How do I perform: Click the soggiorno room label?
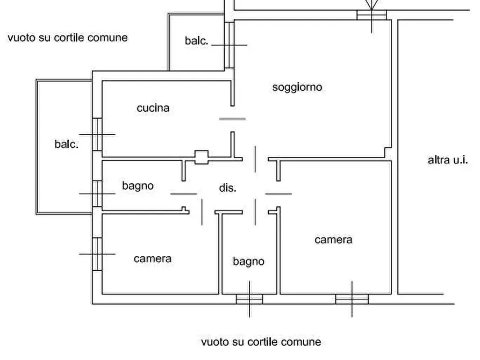tap(297, 87)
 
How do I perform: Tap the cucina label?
tap(153, 108)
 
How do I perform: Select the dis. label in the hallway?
tap(228, 188)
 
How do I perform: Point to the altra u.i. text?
tap(448, 160)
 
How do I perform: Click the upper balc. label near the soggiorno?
tap(196, 41)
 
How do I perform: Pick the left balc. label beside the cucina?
tap(66, 145)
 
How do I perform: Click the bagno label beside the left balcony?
tap(138, 186)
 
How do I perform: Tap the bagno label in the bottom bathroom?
tap(248, 262)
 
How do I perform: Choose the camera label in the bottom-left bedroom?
tap(153, 259)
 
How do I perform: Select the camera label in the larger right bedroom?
tap(333, 240)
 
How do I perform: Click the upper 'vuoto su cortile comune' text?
tap(68, 38)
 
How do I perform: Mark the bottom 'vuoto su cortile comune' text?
tap(261, 342)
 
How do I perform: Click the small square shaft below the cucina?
tap(201, 157)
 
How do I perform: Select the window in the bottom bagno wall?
tap(249, 299)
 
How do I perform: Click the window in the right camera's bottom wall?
tap(352, 299)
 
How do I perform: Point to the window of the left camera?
tap(97, 254)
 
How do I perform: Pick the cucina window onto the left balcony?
tap(97, 134)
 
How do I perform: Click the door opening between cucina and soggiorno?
tap(233, 119)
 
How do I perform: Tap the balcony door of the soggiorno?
tap(230, 45)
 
